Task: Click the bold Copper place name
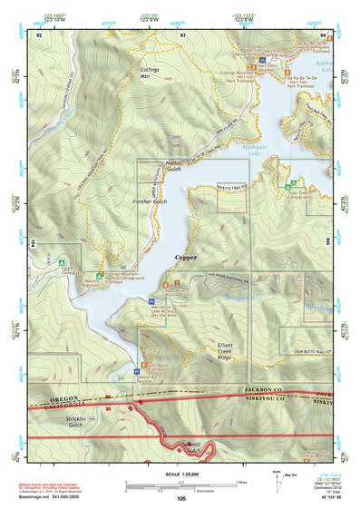coord(185,258)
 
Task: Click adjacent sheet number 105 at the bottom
coord(181,498)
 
